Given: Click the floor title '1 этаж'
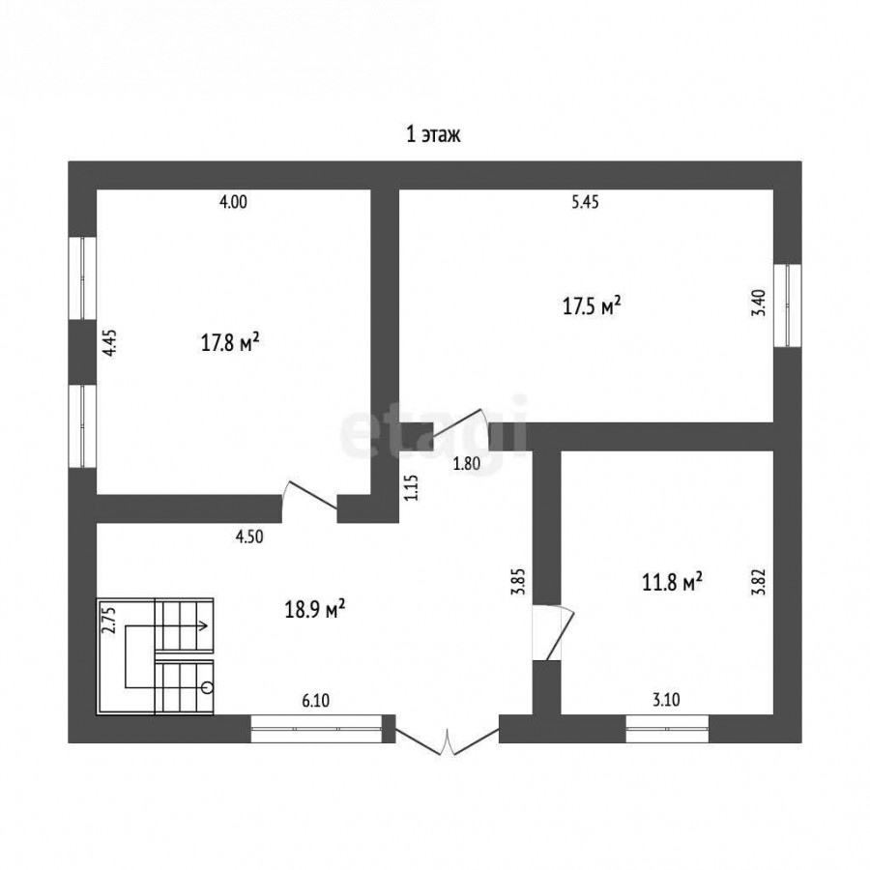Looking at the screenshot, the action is tap(433, 134).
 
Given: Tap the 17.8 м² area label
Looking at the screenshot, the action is tap(230, 342).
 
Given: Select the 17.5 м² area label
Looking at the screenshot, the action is tap(592, 305).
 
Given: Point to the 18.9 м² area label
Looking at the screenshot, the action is tap(315, 609).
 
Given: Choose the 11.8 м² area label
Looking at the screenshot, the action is tap(673, 583).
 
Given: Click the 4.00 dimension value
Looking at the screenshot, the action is tap(234, 202).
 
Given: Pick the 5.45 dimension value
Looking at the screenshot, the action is tap(586, 202).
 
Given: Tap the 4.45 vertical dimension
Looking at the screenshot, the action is tap(110, 343).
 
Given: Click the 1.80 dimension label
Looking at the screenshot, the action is tap(467, 463).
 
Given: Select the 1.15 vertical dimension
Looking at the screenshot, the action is tap(411, 488).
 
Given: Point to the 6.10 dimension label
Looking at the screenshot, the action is tap(316, 701).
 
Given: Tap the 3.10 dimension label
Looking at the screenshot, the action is tap(666, 700).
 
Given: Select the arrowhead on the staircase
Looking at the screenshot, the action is tap(204, 625).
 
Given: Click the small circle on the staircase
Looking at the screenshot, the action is tap(208, 688).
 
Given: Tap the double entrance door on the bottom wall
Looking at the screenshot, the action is tap(448, 737).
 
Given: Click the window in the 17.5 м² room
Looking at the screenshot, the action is tap(788, 305).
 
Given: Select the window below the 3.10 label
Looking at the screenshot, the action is tap(667, 729).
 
